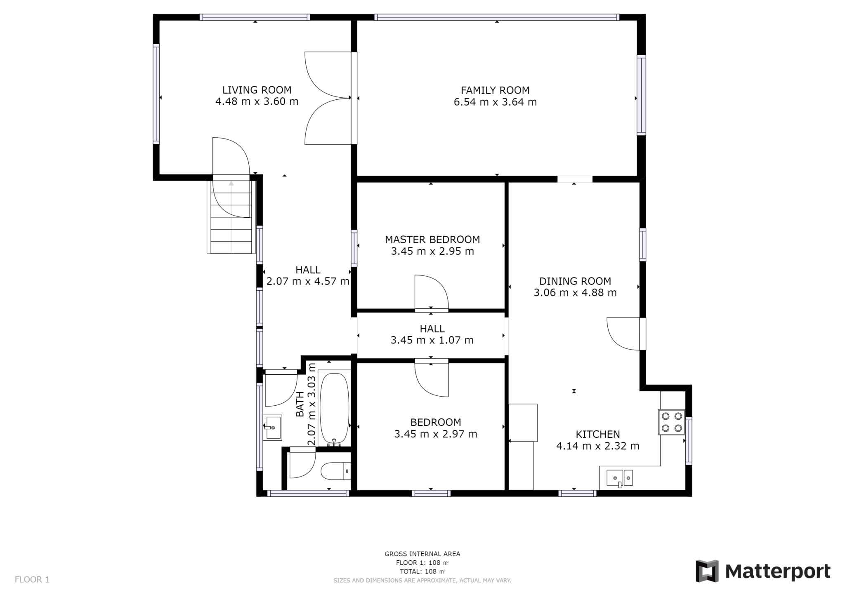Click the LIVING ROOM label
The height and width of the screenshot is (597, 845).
[257, 90]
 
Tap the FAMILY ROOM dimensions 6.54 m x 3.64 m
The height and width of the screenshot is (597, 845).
[495, 102]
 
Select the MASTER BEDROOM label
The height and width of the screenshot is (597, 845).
[432, 240]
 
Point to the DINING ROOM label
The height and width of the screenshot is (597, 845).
[575, 281]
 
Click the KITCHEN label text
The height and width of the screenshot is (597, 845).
[598, 434]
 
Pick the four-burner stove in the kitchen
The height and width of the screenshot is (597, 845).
[671, 422]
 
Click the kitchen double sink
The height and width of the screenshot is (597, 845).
[619, 478]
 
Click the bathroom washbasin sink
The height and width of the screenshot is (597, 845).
[272, 428]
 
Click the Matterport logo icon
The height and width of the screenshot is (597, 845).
[707, 571]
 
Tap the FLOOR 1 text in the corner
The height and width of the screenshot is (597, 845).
[32, 579]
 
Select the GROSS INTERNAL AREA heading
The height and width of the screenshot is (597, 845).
[422, 554]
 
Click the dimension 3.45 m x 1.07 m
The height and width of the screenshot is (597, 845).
[432, 340]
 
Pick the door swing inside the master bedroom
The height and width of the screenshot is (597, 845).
[432, 291]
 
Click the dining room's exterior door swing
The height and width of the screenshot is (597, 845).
[623, 334]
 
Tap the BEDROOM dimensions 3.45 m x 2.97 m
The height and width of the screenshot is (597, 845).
[436, 434]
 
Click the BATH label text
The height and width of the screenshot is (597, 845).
[300, 404]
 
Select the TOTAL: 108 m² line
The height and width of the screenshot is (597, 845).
[422, 571]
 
